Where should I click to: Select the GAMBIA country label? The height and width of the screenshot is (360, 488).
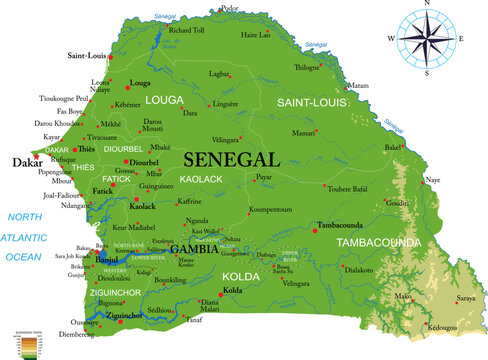(x=194, y=249)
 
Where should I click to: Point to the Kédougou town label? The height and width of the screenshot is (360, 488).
(x=441, y=326)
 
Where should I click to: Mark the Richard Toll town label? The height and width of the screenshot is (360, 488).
(x=186, y=30)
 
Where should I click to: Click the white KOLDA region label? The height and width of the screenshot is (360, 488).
(x=239, y=274)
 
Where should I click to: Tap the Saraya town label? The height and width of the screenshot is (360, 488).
(x=465, y=298)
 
